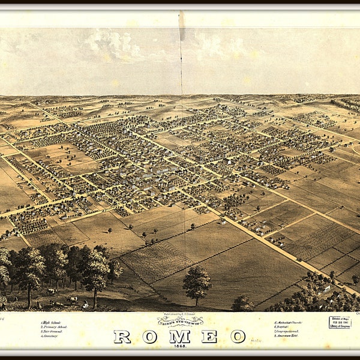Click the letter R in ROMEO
point(122,337)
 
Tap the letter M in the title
point(179,337)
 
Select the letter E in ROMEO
point(209,337)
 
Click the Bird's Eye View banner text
point(180,322)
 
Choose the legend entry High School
point(52,322)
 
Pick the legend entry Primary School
point(55,327)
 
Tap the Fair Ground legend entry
point(53,332)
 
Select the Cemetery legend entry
point(51,337)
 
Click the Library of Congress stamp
point(340,322)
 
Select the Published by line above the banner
point(180,314)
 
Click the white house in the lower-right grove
point(326,288)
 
